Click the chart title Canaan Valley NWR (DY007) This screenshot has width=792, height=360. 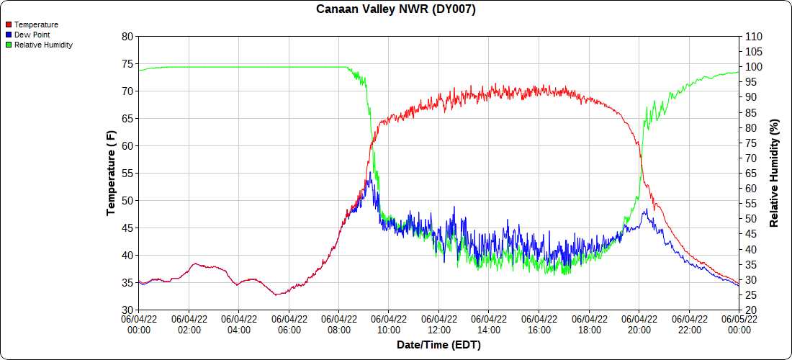pos(396,9)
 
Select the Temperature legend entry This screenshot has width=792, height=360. pos(36,24)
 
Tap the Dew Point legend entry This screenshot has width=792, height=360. pos(32,35)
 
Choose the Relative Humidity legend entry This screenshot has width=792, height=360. pos(43,45)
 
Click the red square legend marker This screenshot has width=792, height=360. pos(9,24)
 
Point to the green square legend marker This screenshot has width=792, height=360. pos(9,45)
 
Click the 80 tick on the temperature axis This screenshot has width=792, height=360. pos(127,36)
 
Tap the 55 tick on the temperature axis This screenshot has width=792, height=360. pos(127,173)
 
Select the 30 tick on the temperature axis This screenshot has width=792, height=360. pos(127,310)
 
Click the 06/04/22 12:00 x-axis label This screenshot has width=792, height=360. pos(439,324)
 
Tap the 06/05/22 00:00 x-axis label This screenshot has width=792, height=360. pos(739,324)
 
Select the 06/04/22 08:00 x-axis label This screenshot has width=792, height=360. pos(339,324)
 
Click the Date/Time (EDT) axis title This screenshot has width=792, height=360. pos(438,345)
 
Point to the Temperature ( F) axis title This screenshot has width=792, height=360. pos(111,173)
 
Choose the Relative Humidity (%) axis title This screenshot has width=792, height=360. pos(775,173)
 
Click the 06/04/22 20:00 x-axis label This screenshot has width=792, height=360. pos(639,324)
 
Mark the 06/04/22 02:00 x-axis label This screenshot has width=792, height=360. pos(189,324)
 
